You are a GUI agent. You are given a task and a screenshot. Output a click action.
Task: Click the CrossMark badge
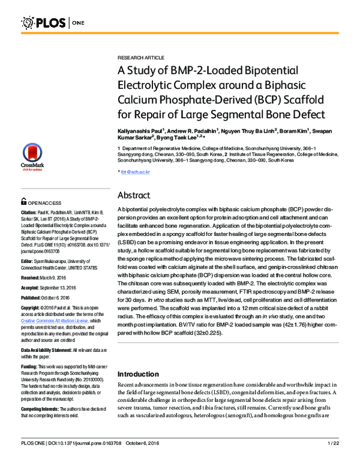click(x=29, y=157)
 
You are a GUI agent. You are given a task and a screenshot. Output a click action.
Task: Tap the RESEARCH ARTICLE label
click(x=139, y=53)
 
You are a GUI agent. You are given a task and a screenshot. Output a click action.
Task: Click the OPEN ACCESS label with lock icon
click(x=41, y=202)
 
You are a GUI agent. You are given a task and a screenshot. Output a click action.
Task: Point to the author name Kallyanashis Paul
click(x=139, y=130)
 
